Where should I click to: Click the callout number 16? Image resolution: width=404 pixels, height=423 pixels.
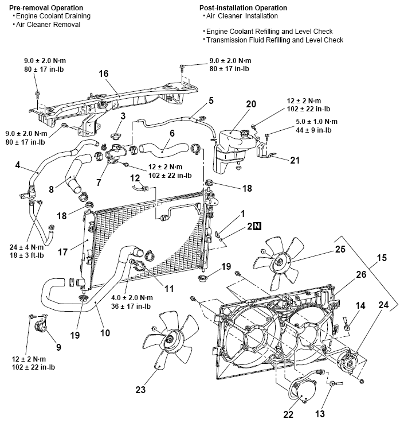pos(104,73)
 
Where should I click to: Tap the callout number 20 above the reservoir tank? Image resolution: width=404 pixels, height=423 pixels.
pos(251,104)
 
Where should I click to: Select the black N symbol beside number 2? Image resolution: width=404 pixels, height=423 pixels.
pos(257,226)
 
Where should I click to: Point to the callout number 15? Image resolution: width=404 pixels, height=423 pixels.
pos(382,258)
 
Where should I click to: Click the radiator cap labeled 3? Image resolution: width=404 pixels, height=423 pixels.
pos(116,135)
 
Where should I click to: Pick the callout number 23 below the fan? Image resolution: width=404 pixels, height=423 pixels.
pos(140,390)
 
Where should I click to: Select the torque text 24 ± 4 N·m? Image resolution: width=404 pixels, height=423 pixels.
pos(27,247)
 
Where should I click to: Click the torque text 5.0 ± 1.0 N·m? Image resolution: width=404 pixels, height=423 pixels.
pos(316,122)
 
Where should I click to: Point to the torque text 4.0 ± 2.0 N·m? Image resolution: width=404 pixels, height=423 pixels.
pos(132,298)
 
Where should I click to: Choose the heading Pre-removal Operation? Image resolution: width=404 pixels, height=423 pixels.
pos(46,8)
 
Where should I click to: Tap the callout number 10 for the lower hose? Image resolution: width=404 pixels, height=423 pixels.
pos(105,333)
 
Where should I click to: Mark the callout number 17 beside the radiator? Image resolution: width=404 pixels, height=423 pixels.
pos(63,252)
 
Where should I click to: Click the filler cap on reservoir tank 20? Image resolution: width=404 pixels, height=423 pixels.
pos(245,133)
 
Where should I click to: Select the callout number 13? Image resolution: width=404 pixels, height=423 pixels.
pos(320,414)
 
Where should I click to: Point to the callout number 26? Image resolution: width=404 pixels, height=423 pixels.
pos(361,274)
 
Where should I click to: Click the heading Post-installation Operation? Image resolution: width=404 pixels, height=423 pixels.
pos(243,8)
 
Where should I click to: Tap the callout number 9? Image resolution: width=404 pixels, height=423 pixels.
pos(58,347)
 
